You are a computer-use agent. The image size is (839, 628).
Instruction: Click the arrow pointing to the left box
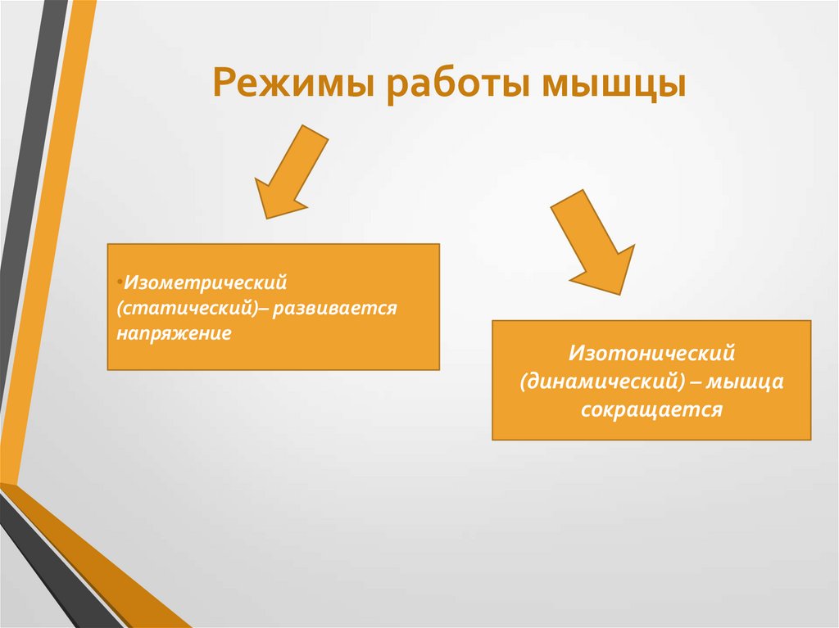coord(290,171)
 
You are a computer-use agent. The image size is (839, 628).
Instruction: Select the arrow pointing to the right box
coord(592,242)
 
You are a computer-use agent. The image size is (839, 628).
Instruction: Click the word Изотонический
coord(651,355)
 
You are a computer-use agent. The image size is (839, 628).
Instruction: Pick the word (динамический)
coord(602,382)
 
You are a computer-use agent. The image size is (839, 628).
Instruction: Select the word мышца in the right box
coord(746,382)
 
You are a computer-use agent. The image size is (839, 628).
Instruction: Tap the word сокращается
coord(651,409)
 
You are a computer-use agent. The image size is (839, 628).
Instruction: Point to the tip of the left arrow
coord(265,217)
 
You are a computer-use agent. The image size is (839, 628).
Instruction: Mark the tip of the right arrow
coord(621,293)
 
